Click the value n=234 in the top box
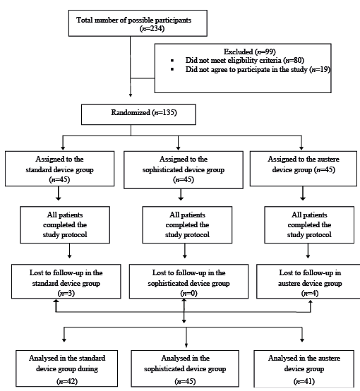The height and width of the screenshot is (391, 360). point(152,29)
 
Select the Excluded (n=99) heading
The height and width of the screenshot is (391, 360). point(249,52)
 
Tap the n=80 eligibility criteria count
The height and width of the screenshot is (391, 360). point(294,60)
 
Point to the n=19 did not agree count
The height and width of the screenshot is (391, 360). point(320,69)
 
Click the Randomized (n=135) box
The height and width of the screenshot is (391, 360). point(138,114)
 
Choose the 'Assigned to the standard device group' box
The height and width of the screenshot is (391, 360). point(59,169)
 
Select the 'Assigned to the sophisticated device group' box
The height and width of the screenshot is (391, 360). point(184,170)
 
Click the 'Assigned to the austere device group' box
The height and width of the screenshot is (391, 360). point(304,169)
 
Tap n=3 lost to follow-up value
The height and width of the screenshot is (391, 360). point(66,294)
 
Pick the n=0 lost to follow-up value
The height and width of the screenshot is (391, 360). point(189,294)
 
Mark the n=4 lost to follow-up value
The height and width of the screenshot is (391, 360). point(310,294)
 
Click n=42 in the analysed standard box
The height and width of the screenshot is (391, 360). point(67,381)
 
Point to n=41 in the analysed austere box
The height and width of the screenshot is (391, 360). point(304,381)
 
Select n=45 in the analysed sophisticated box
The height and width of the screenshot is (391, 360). point(185,381)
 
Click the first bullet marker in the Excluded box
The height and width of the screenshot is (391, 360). point(172,61)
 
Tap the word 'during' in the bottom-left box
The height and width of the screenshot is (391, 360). point(88,368)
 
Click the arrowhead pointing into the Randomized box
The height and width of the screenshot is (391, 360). point(130,95)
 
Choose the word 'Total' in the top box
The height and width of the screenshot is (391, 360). point(84,20)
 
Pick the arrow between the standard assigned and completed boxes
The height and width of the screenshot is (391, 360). point(58,193)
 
